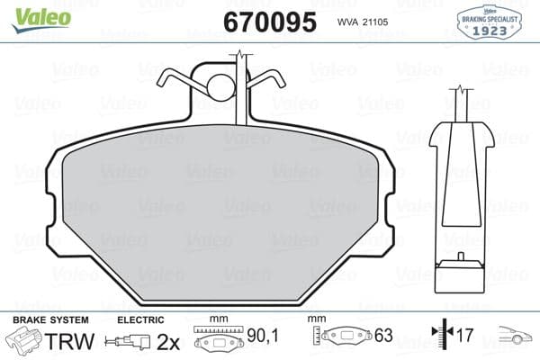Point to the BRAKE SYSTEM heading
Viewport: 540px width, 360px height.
pos(50,319)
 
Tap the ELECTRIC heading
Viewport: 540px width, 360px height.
pos(140,319)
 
